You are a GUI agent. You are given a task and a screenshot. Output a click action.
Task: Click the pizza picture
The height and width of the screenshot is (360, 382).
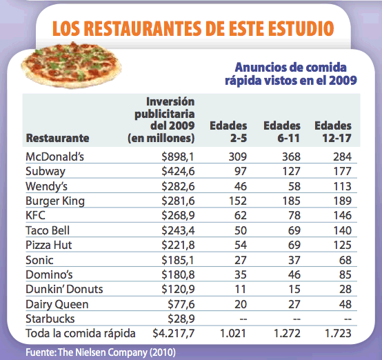(71, 65)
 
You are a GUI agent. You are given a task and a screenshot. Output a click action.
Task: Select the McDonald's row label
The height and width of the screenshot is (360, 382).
(54, 157)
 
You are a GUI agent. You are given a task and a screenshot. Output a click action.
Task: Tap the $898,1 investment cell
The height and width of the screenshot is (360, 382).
(178, 157)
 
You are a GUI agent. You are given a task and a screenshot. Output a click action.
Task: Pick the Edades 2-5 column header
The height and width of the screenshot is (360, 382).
(228, 132)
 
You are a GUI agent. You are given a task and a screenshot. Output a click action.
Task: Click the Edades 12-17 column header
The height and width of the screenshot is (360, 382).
(333, 132)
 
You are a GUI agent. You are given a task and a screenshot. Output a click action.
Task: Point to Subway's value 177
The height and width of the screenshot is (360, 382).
(342, 171)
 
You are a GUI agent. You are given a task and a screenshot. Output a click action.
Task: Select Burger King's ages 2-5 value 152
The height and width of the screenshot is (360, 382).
(238, 201)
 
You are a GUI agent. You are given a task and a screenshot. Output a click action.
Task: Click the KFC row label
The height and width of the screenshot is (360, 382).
(36, 215)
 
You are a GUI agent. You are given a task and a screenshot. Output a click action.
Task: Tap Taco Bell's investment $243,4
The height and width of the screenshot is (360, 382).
(178, 230)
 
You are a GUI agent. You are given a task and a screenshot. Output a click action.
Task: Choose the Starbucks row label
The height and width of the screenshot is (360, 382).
(50, 319)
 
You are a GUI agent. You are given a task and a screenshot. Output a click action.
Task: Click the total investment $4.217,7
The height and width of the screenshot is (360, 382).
(174, 333)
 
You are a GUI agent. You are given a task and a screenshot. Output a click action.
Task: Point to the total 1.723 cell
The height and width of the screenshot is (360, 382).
(338, 333)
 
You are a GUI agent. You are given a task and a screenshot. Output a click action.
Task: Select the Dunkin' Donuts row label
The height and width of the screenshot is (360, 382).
(64, 290)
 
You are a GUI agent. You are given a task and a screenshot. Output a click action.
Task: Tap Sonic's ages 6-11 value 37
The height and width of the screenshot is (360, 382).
(294, 260)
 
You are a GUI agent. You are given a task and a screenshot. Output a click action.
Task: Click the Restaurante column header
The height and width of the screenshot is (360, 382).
(57, 138)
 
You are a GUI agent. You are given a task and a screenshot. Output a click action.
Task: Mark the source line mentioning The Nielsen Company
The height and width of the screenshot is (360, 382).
(101, 352)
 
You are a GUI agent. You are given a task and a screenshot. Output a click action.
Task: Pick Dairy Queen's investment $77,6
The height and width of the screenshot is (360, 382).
(181, 304)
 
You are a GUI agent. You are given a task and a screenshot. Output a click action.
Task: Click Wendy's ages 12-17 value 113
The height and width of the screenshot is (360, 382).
(342, 186)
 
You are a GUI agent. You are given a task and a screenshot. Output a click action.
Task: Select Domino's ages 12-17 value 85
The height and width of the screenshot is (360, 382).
(345, 274)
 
